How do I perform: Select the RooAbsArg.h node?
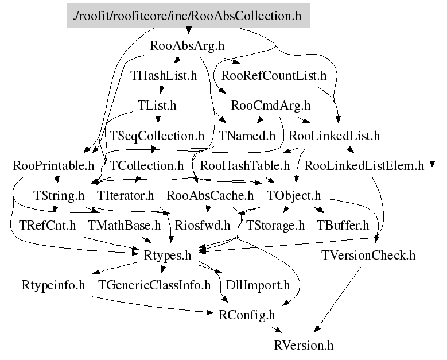[178, 46]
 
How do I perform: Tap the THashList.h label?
[164, 75]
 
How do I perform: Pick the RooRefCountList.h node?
[274, 75]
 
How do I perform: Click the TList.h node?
[157, 106]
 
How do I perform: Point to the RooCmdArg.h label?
[270, 106]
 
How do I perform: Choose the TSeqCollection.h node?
[157, 136]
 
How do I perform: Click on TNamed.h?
[247, 136]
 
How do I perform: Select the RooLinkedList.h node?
[335, 136]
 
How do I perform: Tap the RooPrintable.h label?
[53, 167]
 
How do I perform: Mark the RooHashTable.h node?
[245, 167]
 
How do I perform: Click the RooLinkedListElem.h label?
[364, 167]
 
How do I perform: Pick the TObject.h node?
[294, 196]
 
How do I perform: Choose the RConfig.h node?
[247, 315]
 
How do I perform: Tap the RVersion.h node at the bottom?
[304, 345]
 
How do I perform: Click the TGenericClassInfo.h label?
[154, 285]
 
